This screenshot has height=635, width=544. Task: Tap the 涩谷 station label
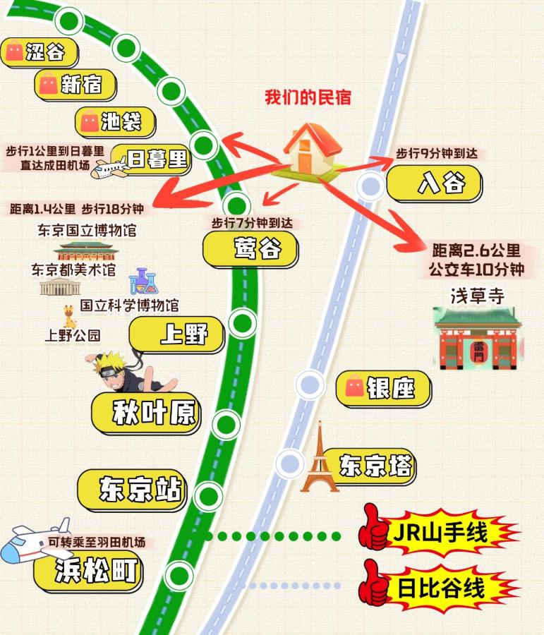(40, 52)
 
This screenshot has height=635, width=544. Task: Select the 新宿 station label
(75, 85)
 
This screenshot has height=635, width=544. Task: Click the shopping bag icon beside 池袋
(90, 121)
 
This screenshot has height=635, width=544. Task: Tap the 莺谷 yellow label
(250, 249)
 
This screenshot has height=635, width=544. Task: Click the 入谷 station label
(434, 183)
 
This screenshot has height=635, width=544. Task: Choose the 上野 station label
(177, 334)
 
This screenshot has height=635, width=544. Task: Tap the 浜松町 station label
(89, 570)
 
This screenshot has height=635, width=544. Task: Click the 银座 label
(384, 387)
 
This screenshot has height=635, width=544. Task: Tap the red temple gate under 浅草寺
(477, 341)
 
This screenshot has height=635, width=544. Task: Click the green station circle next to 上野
(243, 324)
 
